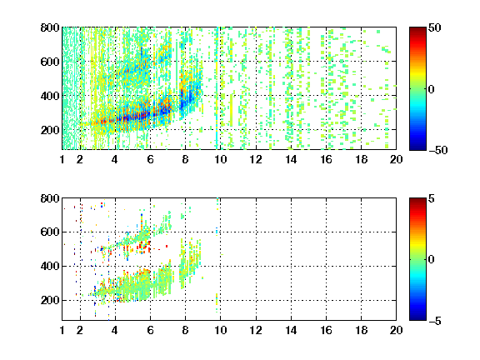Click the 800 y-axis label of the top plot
tap(50, 27)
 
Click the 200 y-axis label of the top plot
tap(50, 130)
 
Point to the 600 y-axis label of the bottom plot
tap(50, 232)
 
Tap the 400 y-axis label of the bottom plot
tap(50, 266)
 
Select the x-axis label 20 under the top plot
tap(396, 159)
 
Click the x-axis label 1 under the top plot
tap(62, 159)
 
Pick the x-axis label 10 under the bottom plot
tap(220, 330)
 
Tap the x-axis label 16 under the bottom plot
tap(326, 330)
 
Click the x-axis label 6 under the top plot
tap(150, 159)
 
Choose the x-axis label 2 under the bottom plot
tap(80, 330)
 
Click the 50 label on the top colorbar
tap(434, 27)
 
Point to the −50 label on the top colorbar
tap(438, 150)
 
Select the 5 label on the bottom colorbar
tap(432, 198)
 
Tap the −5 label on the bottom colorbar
tap(435, 321)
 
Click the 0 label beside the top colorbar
tap(432, 89)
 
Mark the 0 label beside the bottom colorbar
tap(432, 260)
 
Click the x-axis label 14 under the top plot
tap(291, 159)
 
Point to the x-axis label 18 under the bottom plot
tap(361, 330)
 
